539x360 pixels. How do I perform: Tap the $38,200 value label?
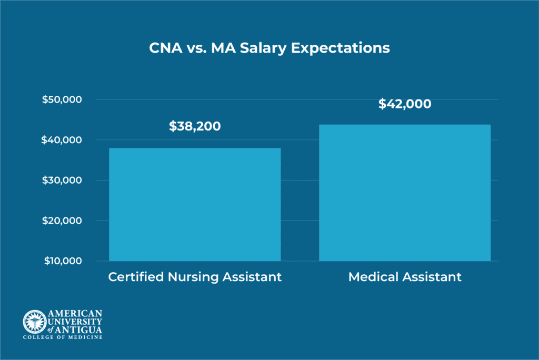point(195,126)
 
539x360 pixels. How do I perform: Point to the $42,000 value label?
point(405,104)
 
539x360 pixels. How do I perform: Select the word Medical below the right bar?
point(374,277)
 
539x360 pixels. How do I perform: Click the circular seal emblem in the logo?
point(34,321)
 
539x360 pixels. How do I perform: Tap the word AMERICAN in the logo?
point(75,314)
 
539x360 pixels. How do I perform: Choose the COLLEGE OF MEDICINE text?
point(62,337)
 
